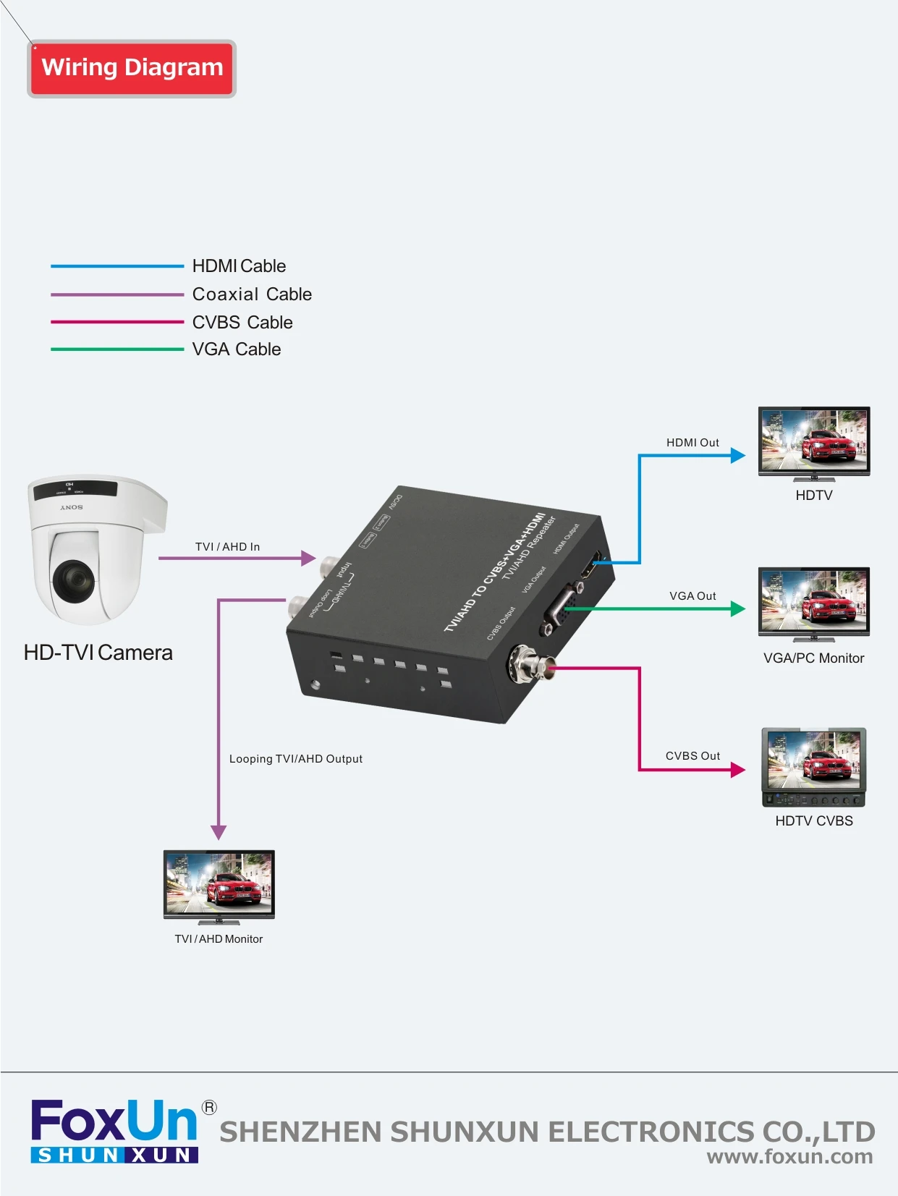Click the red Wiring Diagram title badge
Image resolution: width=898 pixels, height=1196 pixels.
click(x=132, y=68)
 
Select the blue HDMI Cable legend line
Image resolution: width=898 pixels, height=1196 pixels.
click(x=117, y=266)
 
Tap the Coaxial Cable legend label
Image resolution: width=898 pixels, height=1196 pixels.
click(x=252, y=294)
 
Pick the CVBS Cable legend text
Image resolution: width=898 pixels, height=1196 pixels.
click(x=242, y=322)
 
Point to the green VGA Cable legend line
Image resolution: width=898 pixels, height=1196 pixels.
click(x=117, y=349)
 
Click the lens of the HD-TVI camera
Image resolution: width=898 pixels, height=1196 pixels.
click(x=73, y=579)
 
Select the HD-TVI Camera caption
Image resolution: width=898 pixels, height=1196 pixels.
click(x=98, y=653)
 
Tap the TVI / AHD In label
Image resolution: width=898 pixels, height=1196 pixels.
click(x=227, y=547)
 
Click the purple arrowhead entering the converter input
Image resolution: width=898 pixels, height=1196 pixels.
click(x=309, y=558)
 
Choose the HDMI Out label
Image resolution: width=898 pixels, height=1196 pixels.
click(x=692, y=443)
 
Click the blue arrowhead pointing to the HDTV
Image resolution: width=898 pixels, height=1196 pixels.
click(x=738, y=455)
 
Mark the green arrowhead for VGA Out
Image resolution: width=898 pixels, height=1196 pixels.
click(x=738, y=608)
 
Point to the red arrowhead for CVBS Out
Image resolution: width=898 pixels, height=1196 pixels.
click(x=738, y=769)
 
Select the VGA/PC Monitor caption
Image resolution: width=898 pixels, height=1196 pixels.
click(x=814, y=658)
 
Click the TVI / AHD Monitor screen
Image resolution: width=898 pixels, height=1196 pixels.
click(x=219, y=883)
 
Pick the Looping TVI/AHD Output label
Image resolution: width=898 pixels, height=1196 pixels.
click(x=296, y=759)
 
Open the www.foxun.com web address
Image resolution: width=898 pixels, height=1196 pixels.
click(x=789, y=1156)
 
